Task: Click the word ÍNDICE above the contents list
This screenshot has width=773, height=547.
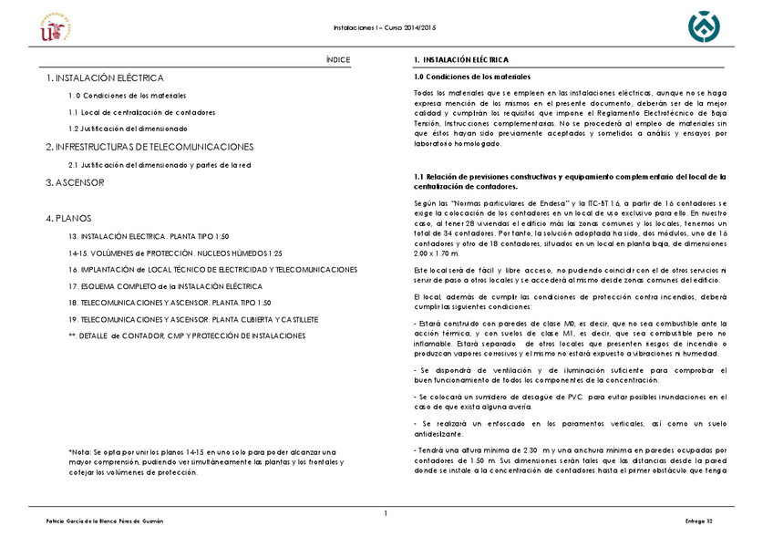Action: pos(338,60)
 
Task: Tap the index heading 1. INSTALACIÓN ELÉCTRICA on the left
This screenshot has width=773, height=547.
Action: pos(105,79)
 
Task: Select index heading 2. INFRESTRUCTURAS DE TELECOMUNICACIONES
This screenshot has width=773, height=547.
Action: pos(149,147)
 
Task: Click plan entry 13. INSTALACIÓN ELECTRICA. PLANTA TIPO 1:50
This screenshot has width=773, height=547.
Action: pos(149,236)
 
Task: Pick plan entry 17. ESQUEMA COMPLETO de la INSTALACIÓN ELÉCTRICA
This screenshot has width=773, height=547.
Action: pos(165,286)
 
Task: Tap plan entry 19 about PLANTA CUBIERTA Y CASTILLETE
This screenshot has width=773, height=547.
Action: pos(193,320)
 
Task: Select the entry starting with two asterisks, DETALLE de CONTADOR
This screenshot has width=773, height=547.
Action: pos(187,336)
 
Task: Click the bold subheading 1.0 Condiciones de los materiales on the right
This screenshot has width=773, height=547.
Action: pos(471,77)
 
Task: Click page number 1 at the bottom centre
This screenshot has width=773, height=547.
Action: pos(386,513)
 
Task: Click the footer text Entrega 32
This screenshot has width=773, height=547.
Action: pos(697,521)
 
